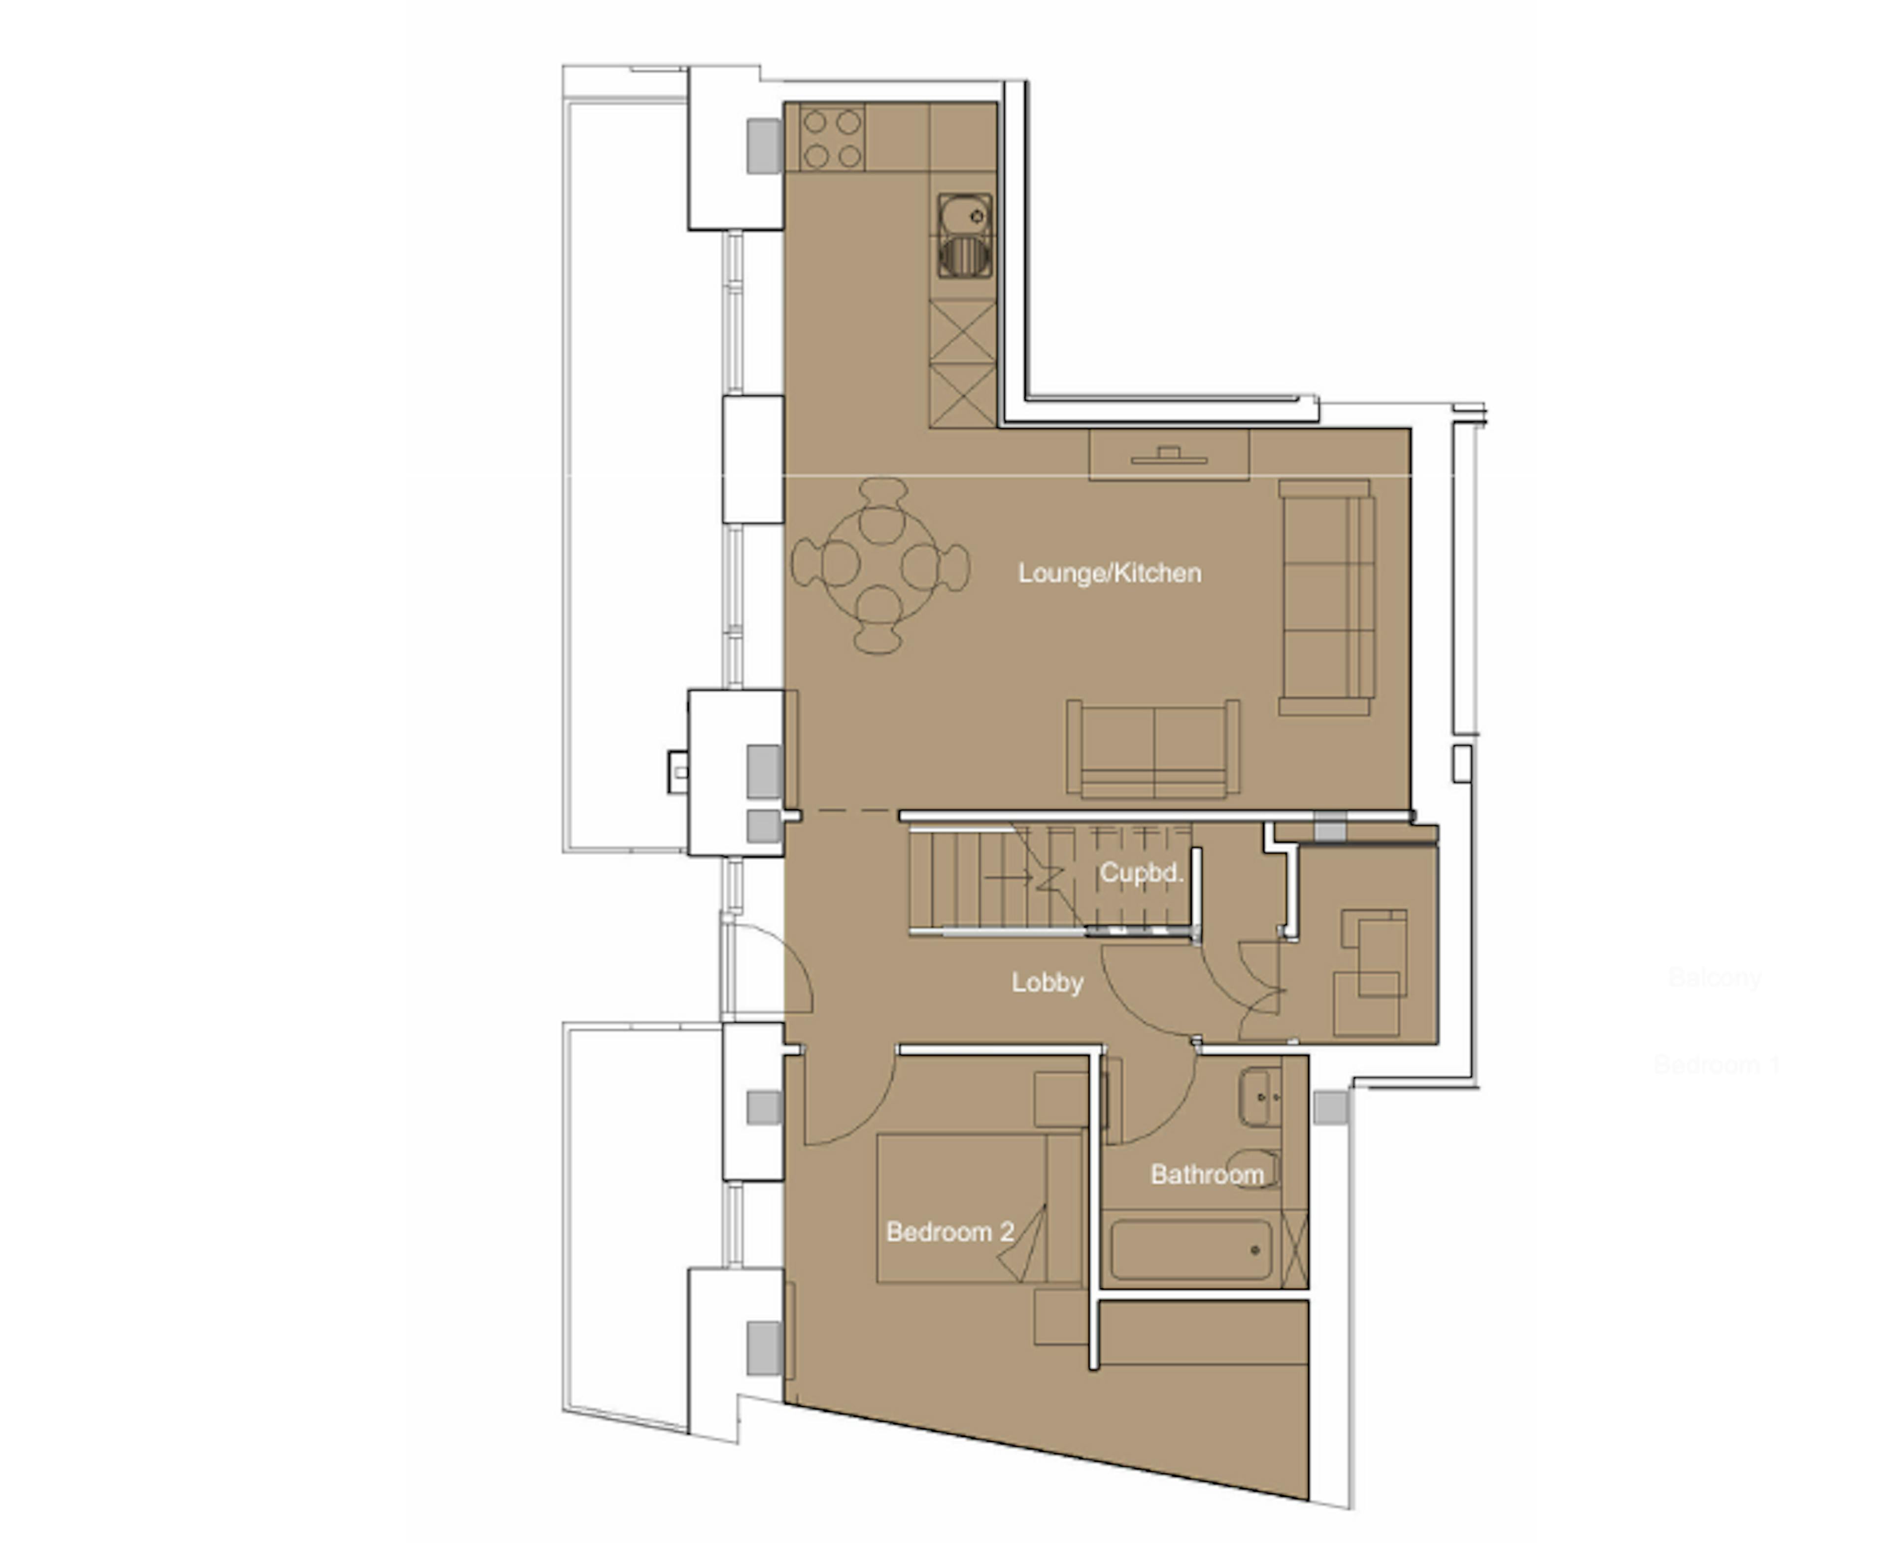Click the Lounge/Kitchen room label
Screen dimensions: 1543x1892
(1109, 573)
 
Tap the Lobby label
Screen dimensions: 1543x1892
(1047, 982)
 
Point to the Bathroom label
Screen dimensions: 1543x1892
(1206, 1174)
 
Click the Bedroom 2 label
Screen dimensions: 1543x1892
(949, 1232)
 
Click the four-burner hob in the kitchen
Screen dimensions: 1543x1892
(833, 138)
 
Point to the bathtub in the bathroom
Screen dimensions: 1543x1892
(1191, 1250)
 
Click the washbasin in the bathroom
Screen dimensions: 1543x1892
(1258, 1098)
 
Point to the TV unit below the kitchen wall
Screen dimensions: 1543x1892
(1169, 454)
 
